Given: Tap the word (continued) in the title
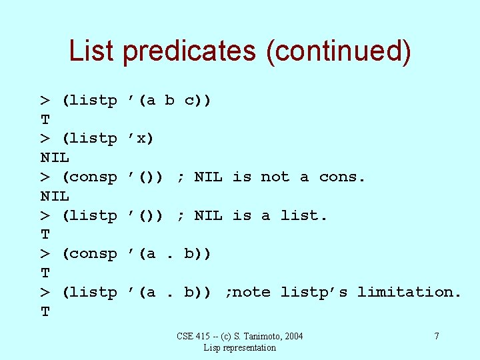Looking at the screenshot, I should tap(338, 52).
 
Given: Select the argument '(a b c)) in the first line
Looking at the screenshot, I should tap(169, 101).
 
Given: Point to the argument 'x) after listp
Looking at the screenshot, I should tap(141, 139).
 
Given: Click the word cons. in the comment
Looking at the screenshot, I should tap(343, 177).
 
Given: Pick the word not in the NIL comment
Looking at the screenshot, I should tap(275, 177).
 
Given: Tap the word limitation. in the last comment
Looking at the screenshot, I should tap(409, 293).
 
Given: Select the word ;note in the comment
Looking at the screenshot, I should tap(248, 293).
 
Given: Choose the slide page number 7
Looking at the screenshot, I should tap(437, 336).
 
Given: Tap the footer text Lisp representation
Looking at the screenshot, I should tap(240, 347).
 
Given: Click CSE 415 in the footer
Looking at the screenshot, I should tap(192, 336).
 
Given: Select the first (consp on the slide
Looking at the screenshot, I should tap(89, 177).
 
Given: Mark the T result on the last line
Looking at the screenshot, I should tap(45, 312).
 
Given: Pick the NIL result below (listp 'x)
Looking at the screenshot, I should tap(55, 158).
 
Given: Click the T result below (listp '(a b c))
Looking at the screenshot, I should tap(45, 120).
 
